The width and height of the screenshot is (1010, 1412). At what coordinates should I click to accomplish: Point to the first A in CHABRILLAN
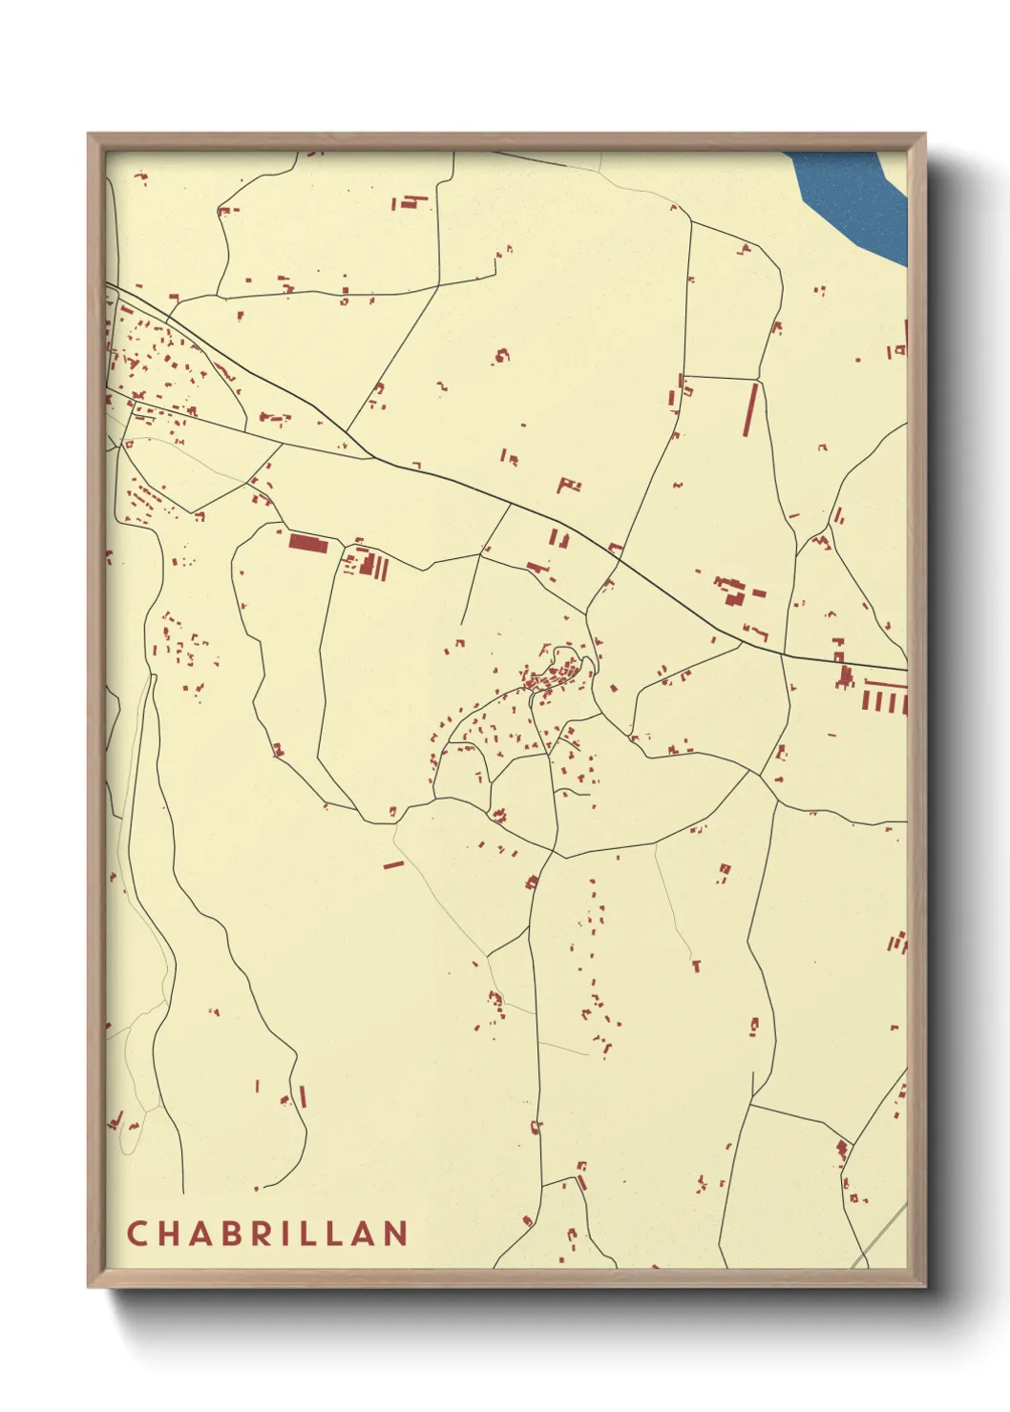198,1234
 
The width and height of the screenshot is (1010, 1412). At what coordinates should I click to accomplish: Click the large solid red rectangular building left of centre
308,543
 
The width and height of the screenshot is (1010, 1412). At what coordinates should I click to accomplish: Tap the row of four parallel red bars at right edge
884,702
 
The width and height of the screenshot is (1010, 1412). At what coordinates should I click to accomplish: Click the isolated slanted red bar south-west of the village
393,864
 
